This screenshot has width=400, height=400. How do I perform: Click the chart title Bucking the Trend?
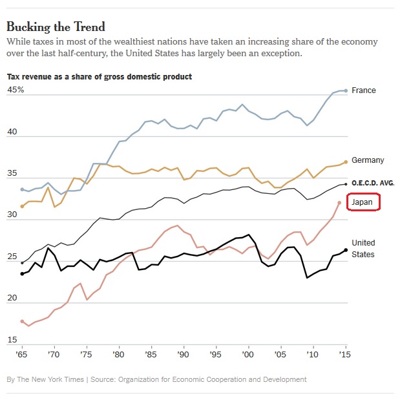click(x=56, y=27)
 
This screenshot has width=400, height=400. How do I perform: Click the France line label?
click(x=364, y=90)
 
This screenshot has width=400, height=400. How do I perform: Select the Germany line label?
click(x=368, y=160)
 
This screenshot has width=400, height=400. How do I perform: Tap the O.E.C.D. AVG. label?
click(x=373, y=184)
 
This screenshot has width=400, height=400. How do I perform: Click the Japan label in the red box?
click(x=363, y=203)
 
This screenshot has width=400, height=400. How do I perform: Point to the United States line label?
click(x=363, y=249)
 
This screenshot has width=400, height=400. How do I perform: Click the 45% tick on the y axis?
click(x=16, y=90)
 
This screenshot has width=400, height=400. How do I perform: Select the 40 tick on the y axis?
click(x=12, y=131)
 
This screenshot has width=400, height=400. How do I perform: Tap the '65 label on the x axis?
click(x=22, y=355)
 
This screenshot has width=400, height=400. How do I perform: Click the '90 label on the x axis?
click(x=184, y=355)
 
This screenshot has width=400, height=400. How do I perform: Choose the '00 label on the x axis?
click(x=249, y=355)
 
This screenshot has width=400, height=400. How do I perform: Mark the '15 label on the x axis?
click(x=346, y=355)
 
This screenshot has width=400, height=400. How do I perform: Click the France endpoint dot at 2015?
click(x=346, y=90)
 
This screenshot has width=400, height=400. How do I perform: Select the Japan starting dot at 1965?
click(x=23, y=321)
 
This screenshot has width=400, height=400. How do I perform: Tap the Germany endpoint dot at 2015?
click(x=346, y=162)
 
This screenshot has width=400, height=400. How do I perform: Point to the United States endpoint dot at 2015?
click(x=346, y=250)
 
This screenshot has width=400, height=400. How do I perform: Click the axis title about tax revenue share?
click(x=99, y=77)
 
